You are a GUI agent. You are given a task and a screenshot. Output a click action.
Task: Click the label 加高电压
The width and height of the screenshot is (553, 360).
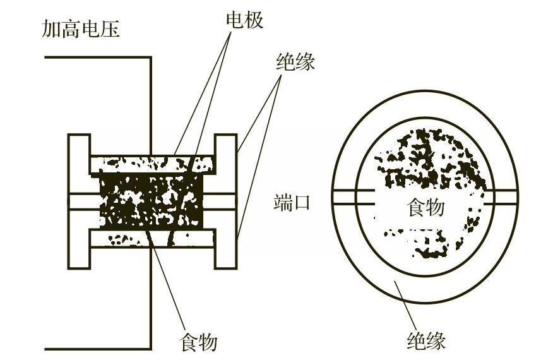click(81, 30)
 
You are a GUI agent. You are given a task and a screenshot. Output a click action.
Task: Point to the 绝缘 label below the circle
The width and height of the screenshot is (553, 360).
click(426, 341)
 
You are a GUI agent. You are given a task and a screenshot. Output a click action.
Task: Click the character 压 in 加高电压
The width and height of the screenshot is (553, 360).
click(110, 30)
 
